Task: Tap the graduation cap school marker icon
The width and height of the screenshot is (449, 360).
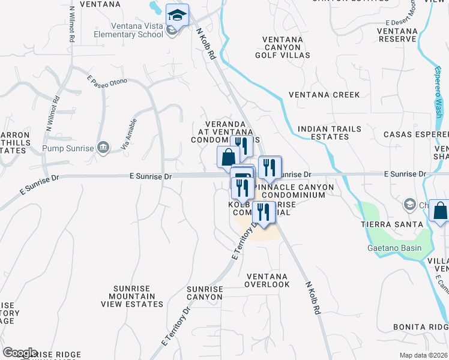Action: [x=177, y=14]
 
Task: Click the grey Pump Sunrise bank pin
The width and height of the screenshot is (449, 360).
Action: [x=103, y=148]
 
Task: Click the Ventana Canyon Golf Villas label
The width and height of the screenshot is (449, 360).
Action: [x=286, y=47]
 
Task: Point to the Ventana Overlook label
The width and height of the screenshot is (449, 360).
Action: [x=268, y=280]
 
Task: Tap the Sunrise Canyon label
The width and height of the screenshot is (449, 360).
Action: [x=205, y=293]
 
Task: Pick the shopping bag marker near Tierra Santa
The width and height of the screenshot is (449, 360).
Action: [x=440, y=211]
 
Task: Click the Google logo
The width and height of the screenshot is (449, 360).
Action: [x=20, y=353]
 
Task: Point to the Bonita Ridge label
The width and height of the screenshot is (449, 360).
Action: [x=421, y=326]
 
